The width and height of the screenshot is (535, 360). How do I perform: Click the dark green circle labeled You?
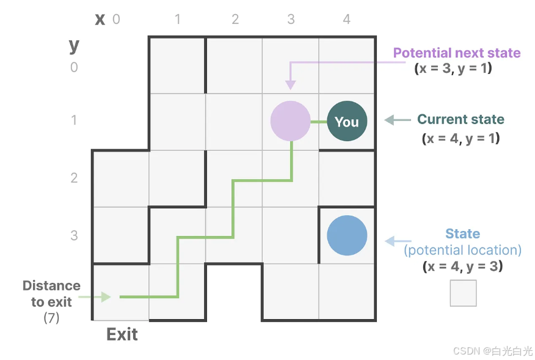click(x=347, y=122)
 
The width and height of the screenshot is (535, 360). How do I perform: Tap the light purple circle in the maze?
click(x=291, y=121)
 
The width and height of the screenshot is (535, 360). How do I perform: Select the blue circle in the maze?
click(x=347, y=235)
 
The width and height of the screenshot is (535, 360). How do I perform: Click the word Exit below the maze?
click(x=122, y=334)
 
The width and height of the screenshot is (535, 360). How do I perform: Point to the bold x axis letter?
click(x=100, y=19)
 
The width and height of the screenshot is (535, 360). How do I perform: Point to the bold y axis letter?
click(x=74, y=45)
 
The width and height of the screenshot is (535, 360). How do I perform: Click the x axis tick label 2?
click(x=235, y=20)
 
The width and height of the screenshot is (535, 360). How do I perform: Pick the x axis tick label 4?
click(x=346, y=20)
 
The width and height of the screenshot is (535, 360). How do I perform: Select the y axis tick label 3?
click(x=74, y=235)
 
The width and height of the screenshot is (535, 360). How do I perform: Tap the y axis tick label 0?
click(x=74, y=67)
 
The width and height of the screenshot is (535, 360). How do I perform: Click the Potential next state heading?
click(x=457, y=53)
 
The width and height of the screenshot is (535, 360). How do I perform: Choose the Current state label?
click(x=460, y=119)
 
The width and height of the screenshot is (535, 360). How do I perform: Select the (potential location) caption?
click(x=462, y=250)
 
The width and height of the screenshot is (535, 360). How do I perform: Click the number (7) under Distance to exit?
click(x=51, y=318)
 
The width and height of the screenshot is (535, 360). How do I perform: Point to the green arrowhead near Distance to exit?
click(x=106, y=297)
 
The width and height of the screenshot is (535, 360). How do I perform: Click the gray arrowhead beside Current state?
click(x=389, y=120)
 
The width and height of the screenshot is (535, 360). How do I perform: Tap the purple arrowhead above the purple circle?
click(x=291, y=85)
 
